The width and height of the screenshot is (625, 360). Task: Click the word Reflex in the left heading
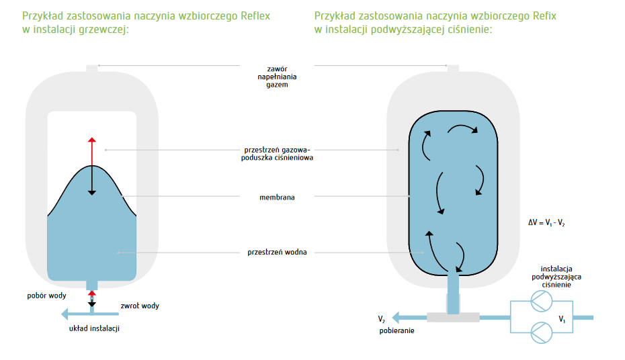tap(255, 16)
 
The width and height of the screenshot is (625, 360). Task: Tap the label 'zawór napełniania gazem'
tap(277, 77)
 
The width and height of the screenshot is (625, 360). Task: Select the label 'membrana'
tap(277, 197)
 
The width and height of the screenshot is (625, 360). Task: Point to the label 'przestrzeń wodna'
tap(277, 252)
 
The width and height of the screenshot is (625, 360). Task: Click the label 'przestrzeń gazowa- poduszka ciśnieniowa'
tap(277, 154)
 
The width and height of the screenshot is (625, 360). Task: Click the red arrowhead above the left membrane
tap(92, 140)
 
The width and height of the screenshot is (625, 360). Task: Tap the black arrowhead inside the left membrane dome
tap(92, 193)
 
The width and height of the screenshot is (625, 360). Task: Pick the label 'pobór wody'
tap(46, 296)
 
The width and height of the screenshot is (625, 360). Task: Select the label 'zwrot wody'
tap(140, 306)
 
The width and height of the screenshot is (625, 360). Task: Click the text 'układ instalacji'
tap(94, 328)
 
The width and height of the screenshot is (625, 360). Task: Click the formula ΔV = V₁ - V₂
tap(546, 222)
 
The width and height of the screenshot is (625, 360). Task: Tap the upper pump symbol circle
tap(541, 301)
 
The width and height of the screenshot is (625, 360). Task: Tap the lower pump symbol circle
tap(541, 332)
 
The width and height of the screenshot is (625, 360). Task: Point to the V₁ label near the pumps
tap(562, 319)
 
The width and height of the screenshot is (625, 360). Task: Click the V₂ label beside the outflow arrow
tap(382, 319)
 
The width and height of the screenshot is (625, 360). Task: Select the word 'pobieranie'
tap(397, 330)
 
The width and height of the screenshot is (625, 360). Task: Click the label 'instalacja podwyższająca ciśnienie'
tap(556, 277)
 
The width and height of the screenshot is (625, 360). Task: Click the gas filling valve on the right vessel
tap(453, 69)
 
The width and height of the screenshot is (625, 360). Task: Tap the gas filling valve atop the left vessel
tap(92, 69)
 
